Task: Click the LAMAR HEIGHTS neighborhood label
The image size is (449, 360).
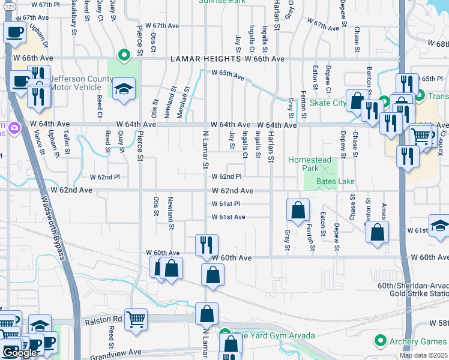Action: tap(206, 59)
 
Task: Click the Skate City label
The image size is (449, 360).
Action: tap(328, 103)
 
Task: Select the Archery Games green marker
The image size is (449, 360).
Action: tap(379, 341)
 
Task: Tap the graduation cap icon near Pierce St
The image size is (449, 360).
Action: tap(124, 90)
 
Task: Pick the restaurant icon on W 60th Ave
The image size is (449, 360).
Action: tap(206, 244)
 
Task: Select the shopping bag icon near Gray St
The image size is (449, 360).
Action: tap(298, 210)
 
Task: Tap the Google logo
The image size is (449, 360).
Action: tap(20, 353)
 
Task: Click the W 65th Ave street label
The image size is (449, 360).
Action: tap(228, 75)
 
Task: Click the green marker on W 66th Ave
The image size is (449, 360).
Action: tap(124, 56)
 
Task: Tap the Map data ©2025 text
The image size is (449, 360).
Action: tap(424, 355)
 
